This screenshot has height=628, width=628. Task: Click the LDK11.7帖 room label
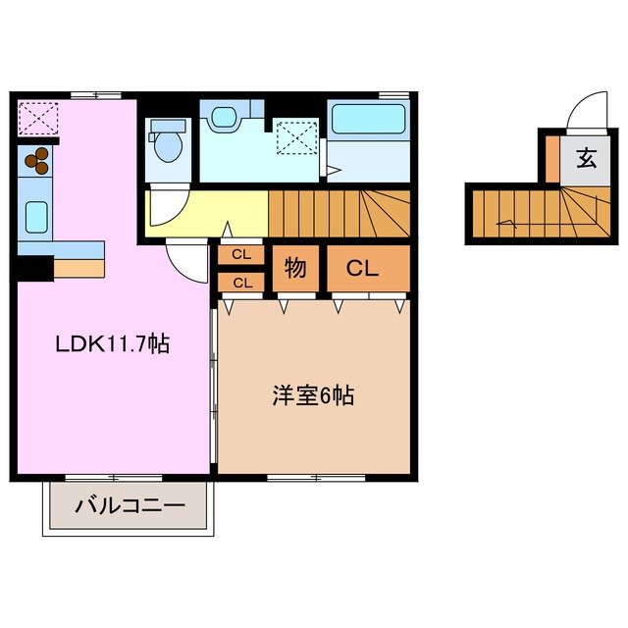(112, 344)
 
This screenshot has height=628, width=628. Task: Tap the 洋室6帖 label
(313, 396)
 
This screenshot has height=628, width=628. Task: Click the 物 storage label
(292, 268)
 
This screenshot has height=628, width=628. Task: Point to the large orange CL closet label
(362, 268)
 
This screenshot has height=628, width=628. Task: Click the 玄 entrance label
(586, 158)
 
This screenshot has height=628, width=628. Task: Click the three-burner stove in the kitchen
(37, 160)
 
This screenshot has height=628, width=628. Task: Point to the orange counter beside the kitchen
(78, 268)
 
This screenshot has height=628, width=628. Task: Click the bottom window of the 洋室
(316, 478)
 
